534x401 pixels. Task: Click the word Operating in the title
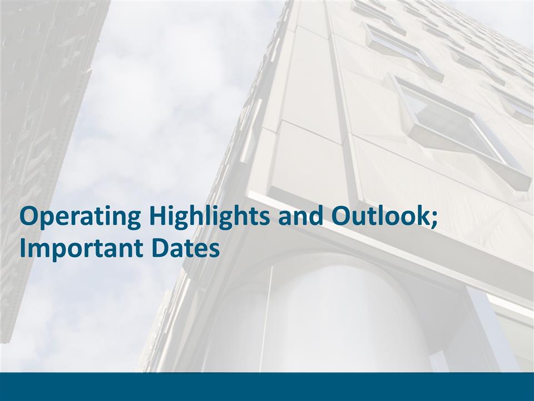(x=80, y=217)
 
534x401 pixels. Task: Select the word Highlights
(x=209, y=217)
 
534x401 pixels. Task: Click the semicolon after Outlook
(x=434, y=219)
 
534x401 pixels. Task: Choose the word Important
(x=81, y=248)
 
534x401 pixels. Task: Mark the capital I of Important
(x=22, y=248)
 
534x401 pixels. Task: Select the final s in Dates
(x=214, y=251)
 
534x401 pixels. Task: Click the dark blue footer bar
(x=267, y=387)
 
